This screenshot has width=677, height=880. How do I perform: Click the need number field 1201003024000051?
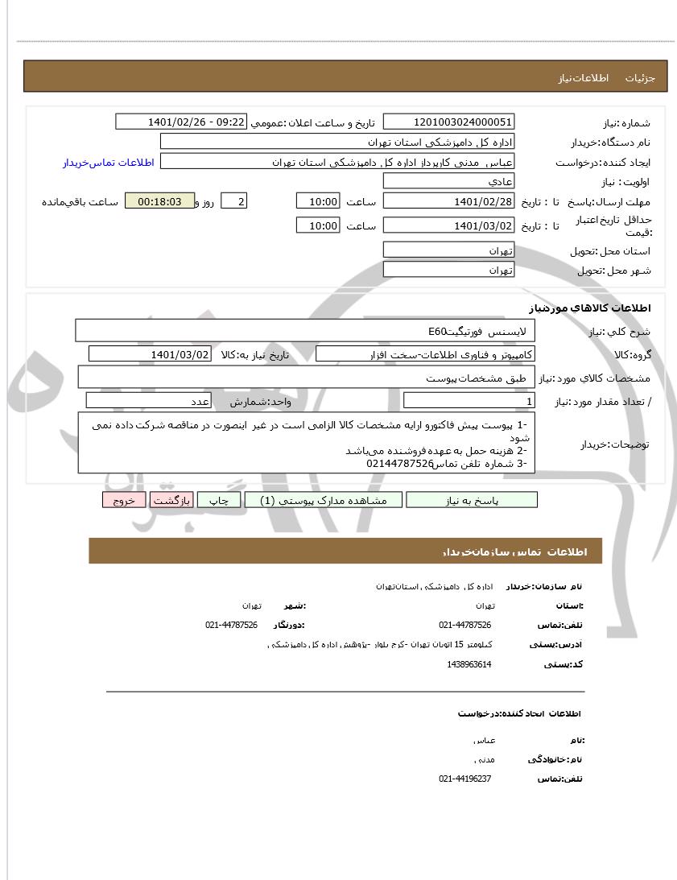[x=448, y=122]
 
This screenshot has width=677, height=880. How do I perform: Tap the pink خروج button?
[x=123, y=500]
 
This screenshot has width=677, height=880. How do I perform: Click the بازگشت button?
[x=171, y=500]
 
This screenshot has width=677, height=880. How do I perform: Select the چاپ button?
[x=219, y=500]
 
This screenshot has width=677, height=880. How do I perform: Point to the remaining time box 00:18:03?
[x=159, y=201]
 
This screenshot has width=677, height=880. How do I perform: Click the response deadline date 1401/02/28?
[x=448, y=201]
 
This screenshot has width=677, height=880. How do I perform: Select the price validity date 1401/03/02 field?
[x=448, y=225]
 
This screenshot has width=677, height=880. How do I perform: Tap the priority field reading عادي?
[x=448, y=182]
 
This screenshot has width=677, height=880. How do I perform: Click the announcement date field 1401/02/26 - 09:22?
[x=181, y=122]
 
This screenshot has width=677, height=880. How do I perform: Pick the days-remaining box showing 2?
[x=233, y=201]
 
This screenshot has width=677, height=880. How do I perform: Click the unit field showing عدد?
[x=149, y=401]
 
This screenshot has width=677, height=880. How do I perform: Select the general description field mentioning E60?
[x=306, y=331]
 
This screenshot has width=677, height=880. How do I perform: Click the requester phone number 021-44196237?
[x=465, y=779]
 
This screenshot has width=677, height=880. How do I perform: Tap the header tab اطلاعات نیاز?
[x=576, y=78]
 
